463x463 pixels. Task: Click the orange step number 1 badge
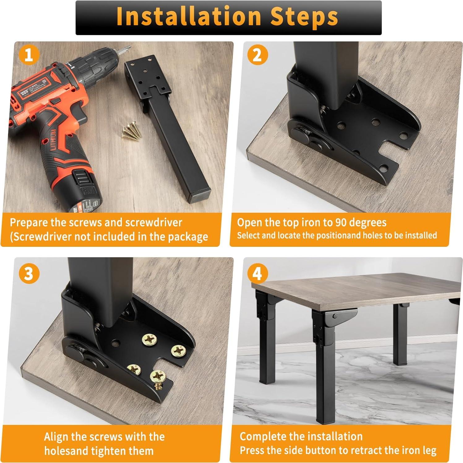(x=29, y=55)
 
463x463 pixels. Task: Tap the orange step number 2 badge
(x=257, y=55)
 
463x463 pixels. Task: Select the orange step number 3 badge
(x=29, y=273)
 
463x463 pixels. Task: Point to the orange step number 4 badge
(x=257, y=273)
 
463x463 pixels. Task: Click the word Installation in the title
(x=189, y=17)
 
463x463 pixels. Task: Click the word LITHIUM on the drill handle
(x=54, y=139)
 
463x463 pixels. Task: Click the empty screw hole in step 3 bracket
(x=116, y=343)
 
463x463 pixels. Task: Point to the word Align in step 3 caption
(x=56, y=437)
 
